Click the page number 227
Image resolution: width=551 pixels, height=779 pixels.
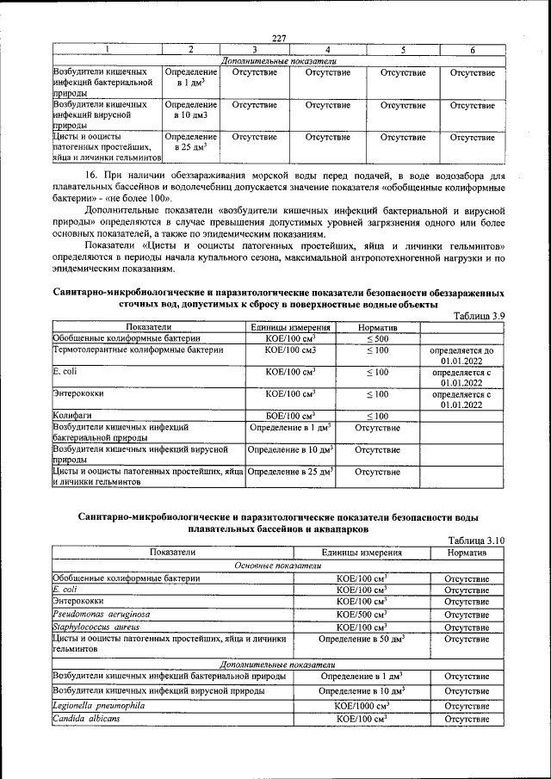(277, 37)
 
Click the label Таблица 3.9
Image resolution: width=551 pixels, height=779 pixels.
(478, 316)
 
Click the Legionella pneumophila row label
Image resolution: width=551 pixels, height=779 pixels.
(96, 705)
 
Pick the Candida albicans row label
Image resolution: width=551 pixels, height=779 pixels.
(86, 719)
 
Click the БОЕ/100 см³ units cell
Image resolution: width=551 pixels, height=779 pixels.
(290, 415)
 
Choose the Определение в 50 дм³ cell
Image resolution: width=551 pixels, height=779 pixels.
(362, 641)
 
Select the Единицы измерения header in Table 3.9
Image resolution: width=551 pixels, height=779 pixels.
(290, 327)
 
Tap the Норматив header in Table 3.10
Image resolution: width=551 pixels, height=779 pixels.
(467, 552)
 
